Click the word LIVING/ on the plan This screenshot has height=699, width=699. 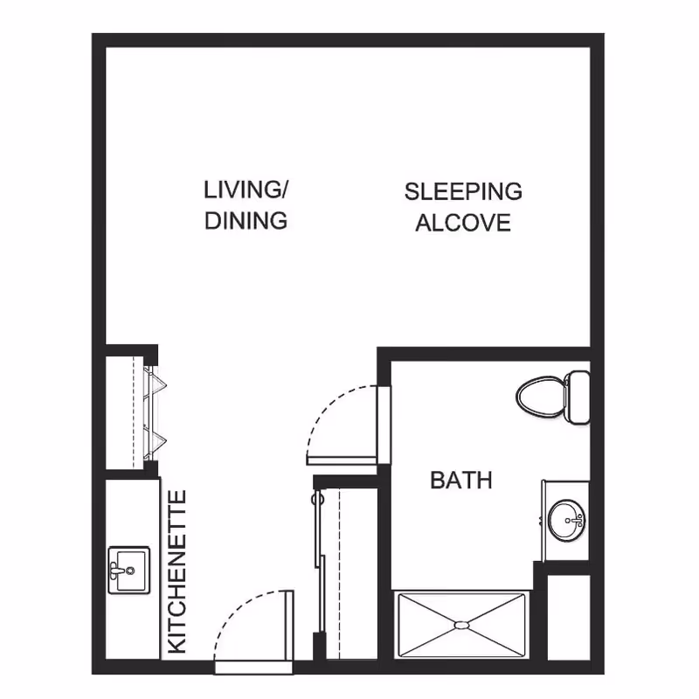(246, 190)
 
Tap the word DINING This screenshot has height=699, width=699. (246, 220)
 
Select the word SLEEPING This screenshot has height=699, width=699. (463, 191)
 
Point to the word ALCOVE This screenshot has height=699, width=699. (463, 223)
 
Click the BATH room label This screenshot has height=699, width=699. (461, 480)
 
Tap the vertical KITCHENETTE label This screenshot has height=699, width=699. (177, 572)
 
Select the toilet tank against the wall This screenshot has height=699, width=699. (577, 398)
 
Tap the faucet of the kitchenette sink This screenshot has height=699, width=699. (115, 571)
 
